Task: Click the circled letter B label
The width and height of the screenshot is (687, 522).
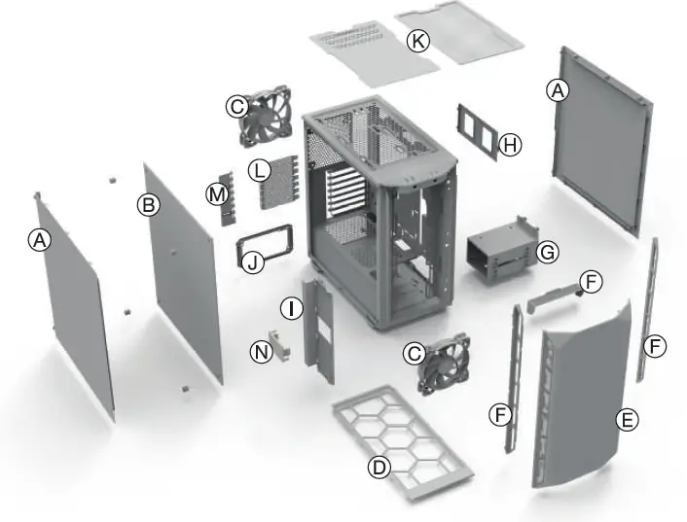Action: click(x=149, y=205)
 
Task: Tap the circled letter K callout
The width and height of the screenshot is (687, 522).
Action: click(x=418, y=41)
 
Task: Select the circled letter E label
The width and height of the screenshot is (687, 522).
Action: click(x=628, y=420)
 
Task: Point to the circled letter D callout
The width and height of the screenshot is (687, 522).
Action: click(x=380, y=468)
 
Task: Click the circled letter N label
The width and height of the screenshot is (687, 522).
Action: click(x=261, y=352)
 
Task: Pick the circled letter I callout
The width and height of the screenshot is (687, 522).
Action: click(x=290, y=309)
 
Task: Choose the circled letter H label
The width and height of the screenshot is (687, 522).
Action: click(x=510, y=146)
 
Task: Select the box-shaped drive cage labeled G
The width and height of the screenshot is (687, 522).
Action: click(x=500, y=255)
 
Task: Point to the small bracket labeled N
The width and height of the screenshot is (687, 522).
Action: click(x=281, y=342)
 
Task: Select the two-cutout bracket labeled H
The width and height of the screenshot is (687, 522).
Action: click(x=477, y=130)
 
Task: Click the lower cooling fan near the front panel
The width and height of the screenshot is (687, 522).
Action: click(x=443, y=363)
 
